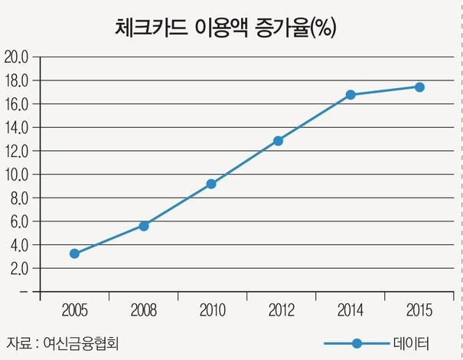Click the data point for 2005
[x=74, y=254]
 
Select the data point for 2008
[x=143, y=226]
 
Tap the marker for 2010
[x=211, y=184]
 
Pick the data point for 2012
[x=278, y=141]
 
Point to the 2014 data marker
[x=351, y=95]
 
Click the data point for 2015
[x=419, y=87]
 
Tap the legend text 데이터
[x=412, y=342]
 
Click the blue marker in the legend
[x=356, y=342]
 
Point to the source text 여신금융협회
[x=83, y=342]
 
